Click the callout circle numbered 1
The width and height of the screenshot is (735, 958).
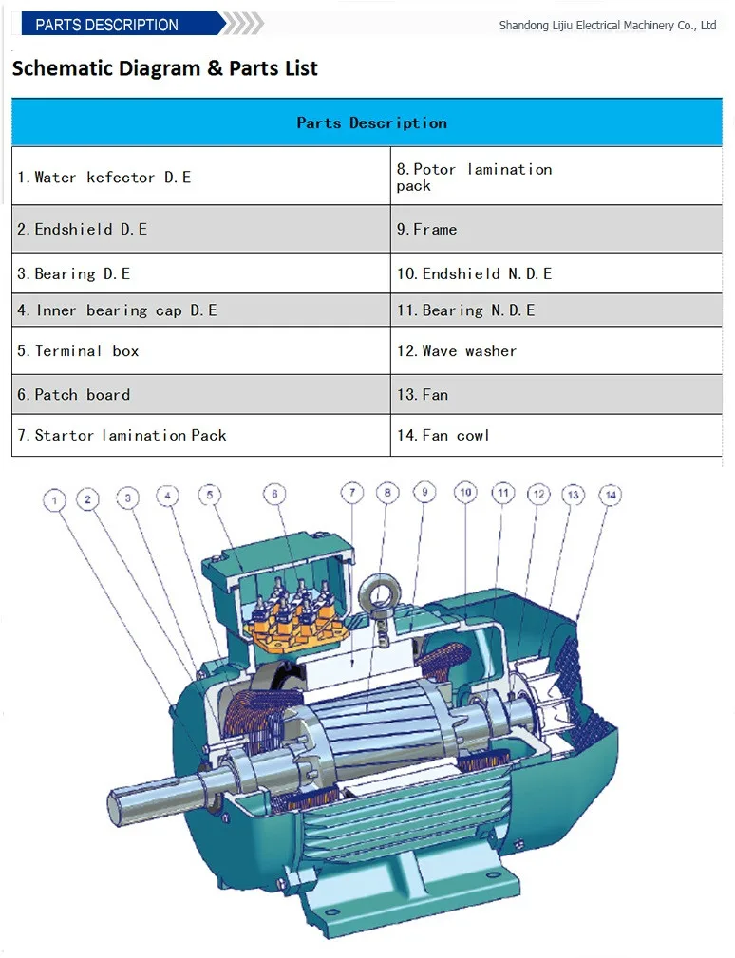(54, 501)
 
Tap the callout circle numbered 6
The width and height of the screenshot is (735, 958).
(274, 495)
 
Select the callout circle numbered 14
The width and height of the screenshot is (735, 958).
(611, 495)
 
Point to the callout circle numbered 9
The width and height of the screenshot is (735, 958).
(424, 492)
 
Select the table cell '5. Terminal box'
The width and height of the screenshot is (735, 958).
(201, 350)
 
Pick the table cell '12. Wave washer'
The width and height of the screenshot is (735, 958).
(556, 350)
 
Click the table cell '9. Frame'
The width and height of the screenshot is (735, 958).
(556, 229)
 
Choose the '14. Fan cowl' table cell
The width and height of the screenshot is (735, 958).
(556, 435)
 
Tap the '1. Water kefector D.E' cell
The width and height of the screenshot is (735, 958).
(201, 177)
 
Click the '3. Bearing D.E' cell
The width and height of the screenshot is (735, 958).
(201, 273)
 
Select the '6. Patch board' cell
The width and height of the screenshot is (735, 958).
(201, 395)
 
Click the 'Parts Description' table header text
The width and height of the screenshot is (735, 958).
(371, 122)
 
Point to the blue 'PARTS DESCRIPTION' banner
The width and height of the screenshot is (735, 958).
(122, 25)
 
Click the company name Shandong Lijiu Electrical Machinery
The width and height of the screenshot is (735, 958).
(608, 25)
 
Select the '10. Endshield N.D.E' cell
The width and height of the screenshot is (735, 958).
(556, 273)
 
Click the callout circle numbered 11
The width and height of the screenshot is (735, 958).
(503, 493)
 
